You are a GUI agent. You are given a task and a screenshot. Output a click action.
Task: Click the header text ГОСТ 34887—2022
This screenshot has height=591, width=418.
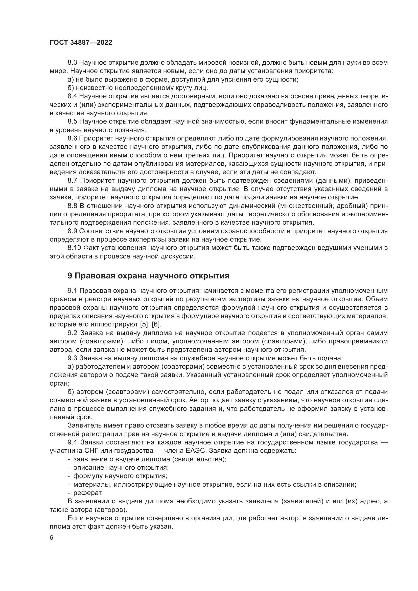(81, 43)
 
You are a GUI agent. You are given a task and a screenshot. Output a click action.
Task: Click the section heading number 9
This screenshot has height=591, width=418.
(70, 276)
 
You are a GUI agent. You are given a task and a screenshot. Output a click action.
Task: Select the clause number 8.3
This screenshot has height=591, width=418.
(72, 63)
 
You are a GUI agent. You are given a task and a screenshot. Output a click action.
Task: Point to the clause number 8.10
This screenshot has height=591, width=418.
(74, 248)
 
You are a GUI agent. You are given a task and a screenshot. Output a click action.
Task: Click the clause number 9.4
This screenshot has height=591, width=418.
(72, 442)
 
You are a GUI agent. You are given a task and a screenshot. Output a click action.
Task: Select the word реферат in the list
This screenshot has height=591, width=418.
(88, 493)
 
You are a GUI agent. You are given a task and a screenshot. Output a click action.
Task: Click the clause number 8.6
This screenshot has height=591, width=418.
(72, 138)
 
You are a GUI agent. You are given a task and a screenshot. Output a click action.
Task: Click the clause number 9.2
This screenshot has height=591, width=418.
(72, 333)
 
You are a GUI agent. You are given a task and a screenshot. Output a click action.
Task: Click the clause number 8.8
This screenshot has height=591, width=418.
(72, 206)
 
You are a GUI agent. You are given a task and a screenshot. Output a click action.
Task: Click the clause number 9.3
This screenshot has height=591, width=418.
(72, 358)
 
